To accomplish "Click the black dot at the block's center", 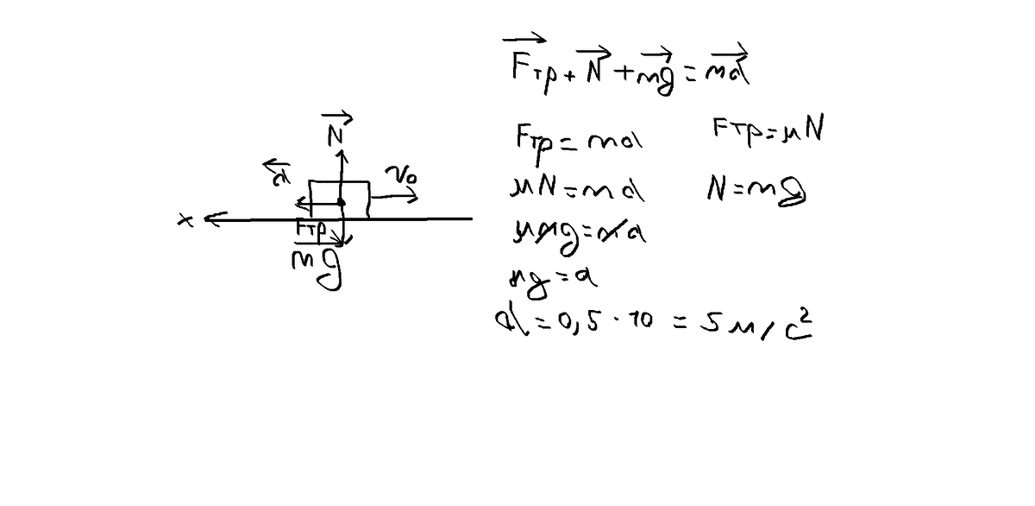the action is coord(342,203).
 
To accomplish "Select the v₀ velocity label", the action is coord(403,176).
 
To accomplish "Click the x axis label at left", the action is coord(183,222).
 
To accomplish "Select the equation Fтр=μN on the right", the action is coord(759,133).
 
